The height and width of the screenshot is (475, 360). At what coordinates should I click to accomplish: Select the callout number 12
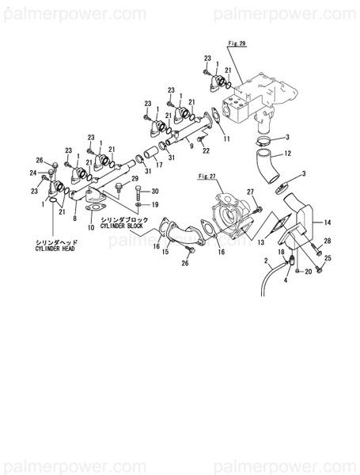coord(288,154)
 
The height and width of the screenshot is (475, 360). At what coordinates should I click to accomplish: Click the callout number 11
coord(227,139)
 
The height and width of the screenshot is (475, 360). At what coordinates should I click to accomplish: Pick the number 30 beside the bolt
coord(155,192)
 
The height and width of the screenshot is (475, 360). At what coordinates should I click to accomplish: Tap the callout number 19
coord(155,205)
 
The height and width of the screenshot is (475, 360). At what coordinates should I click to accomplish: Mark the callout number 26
coord(185,264)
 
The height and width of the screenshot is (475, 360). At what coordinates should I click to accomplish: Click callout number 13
coord(260,243)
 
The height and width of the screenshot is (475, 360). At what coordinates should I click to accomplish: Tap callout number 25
coord(328,259)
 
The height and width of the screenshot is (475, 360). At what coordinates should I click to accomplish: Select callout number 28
coord(328,241)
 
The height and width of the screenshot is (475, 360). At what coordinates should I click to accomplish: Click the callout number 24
coord(32,173)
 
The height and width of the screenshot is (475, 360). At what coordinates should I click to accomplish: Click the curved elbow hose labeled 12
coord(262,169)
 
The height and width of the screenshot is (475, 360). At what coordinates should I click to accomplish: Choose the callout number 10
coord(91,227)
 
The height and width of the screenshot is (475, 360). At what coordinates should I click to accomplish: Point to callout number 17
coord(159,165)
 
